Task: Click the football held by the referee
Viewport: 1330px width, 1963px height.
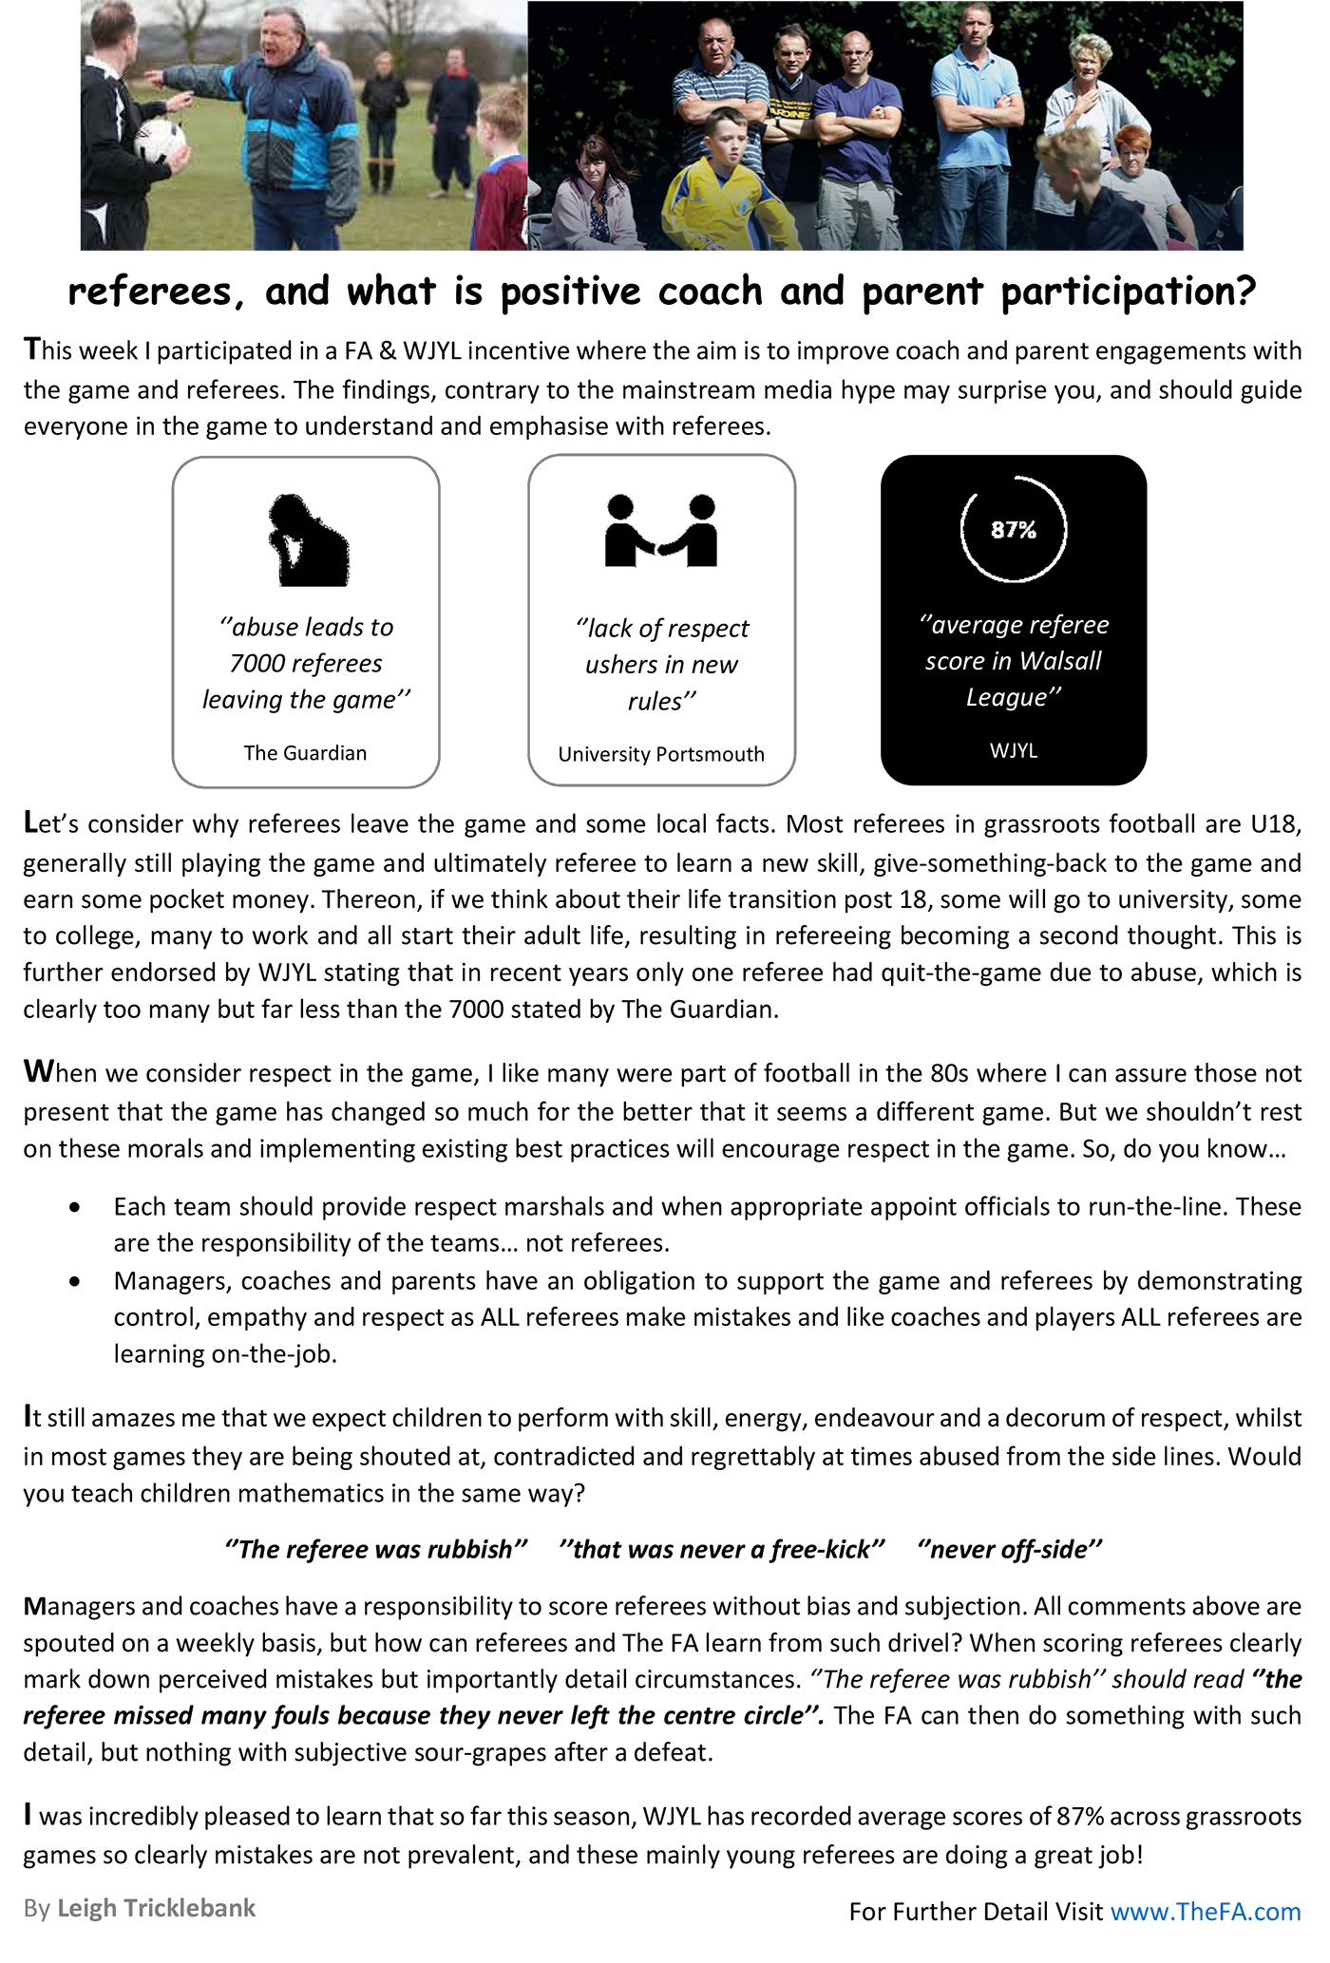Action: click(160, 141)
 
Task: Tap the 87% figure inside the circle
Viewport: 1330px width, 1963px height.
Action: click(1014, 530)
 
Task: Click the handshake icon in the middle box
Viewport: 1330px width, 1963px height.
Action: click(661, 531)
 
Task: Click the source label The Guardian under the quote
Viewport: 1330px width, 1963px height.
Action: click(305, 753)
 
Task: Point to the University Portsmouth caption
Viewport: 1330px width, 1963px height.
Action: click(661, 754)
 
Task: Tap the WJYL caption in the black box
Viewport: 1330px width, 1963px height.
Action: click(1014, 750)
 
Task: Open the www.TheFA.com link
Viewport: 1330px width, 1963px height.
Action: click(1206, 1911)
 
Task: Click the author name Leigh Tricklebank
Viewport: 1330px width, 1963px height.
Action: click(157, 1908)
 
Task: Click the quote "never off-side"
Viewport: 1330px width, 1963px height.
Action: click(1010, 1550)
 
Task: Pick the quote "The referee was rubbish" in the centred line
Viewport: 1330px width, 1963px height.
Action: click(376, 1550)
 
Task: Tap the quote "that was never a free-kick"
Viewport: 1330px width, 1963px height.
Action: click(722, 1550)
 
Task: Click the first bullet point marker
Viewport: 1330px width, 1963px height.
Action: click(75, 1207)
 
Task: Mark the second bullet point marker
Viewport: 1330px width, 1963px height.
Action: click(75, 1281)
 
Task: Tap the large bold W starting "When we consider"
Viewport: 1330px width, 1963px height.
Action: click(37, 1073)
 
